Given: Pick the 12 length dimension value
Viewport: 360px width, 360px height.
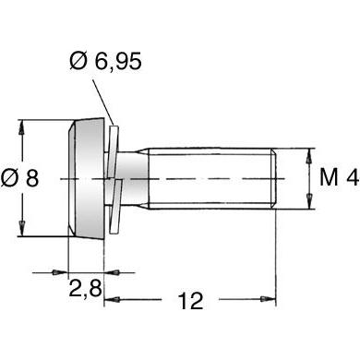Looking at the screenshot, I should (189, 301).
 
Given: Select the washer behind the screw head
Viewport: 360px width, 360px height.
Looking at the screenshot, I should (115, 178).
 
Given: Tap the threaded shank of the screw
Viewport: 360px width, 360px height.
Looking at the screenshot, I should (212, 178).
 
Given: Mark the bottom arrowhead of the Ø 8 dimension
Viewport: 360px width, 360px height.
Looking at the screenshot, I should (20, 234).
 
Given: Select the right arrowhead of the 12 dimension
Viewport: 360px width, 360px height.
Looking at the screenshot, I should (270, 299).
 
